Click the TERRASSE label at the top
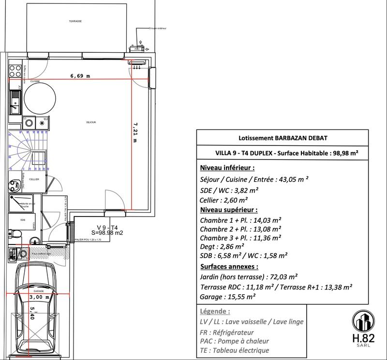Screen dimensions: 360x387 tap(75, 22)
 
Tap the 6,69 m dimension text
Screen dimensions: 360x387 tap(80, 76)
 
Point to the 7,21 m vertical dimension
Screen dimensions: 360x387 tap(135, 131)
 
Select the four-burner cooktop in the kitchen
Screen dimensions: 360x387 tap(16, 71)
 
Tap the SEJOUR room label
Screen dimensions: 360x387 tap(91, 123)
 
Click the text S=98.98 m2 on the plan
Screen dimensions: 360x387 tap(106, 233)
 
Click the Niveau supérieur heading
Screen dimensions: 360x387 tap(228, 210)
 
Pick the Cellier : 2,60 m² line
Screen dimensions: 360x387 tap(223, 200)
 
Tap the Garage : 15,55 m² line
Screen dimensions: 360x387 tap(228, 297)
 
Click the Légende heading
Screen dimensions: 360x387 tap(215, 312)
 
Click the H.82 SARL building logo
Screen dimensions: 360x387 tap(363, 328)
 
